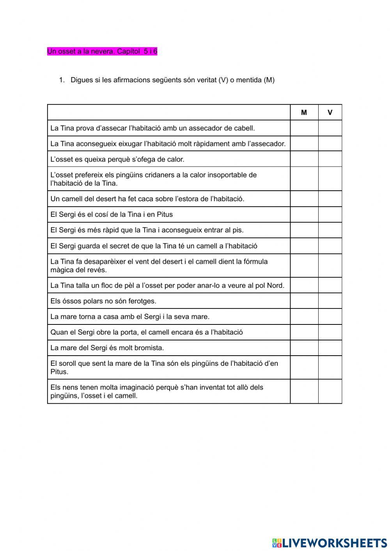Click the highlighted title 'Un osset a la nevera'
coord(102,51)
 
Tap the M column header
coord(304,113)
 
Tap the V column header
coord(330,113)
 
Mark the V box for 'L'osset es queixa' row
coord(330,159)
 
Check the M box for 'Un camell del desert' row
coord(304,199)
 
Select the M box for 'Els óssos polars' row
coord(304,301)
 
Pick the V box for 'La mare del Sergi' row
coord(330,348)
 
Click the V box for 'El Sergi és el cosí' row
coord(330,214)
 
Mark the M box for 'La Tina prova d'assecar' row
coord(304,128)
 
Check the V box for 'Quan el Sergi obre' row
coord(330,332)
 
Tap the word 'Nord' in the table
coord(275,285)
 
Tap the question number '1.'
coord(62,80)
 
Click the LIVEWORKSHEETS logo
coord(330,542)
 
